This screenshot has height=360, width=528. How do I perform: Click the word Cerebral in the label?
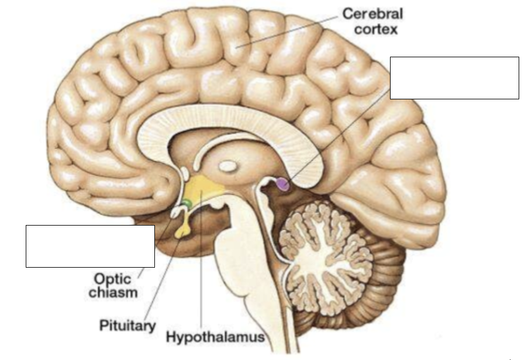tap(372, 14)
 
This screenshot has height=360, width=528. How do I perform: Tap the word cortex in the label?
tap(376, 29)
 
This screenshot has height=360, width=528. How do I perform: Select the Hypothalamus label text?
tap(216, 337)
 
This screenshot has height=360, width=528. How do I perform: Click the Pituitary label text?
tap(127, 326)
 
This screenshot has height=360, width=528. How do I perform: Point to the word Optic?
tap(112, 279)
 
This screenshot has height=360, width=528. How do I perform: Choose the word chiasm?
tap(113, 292)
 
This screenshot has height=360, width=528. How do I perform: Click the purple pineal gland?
tap(283, 184)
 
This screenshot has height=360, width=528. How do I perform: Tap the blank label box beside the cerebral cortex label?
tap(454, 78)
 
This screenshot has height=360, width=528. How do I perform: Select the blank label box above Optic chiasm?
tap(90, 246)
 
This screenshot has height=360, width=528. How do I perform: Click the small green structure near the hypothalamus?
tap(187, 203)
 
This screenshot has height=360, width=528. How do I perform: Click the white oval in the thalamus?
tap(228, 166)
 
